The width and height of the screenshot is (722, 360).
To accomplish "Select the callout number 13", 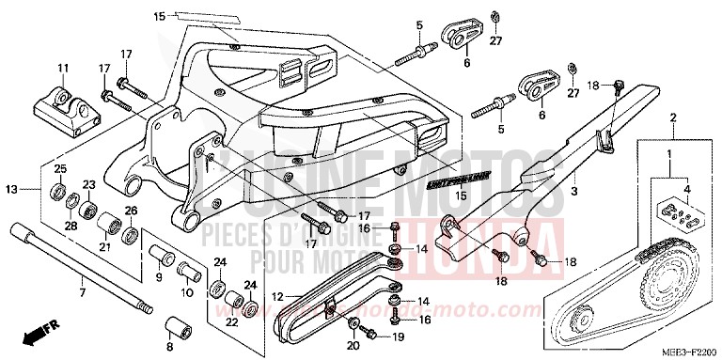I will coord(11,189).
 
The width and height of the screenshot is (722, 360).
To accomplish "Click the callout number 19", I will coord(397,336).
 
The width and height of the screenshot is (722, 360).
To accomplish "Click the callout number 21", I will coord(106,246).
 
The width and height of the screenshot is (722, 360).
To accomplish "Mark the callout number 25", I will coord(59,169).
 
